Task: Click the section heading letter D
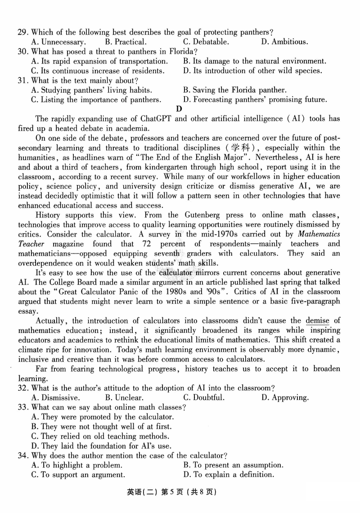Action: coord(179,109)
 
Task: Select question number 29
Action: coord(23,32)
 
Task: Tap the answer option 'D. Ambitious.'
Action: coord(284,42)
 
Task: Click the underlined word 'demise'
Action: coord(317,320)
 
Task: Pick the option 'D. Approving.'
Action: coord(285,397)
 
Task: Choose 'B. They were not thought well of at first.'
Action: coord(101,426)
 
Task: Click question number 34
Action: coord(23,455)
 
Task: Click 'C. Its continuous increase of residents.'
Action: coord(98,71)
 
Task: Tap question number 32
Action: coord(23,388)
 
